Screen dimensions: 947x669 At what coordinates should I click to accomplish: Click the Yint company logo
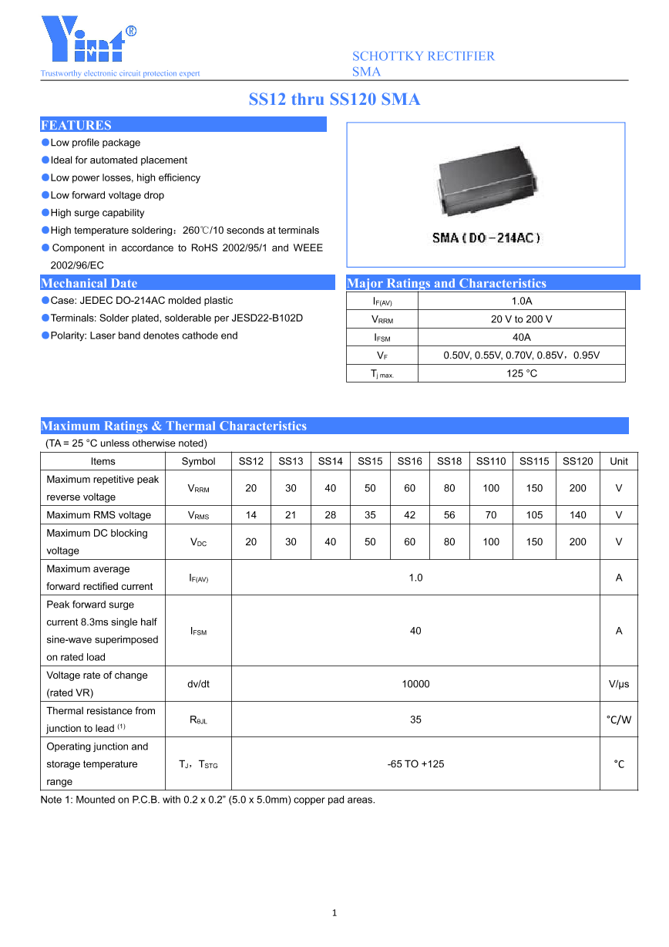(89, 41)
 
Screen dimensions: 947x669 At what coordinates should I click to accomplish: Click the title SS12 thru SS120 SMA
(334, 99)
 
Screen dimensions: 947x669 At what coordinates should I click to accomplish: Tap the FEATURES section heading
(76, 125)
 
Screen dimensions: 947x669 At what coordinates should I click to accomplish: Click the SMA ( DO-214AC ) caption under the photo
(486, 238)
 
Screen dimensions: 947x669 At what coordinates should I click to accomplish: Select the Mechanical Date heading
(89, 283)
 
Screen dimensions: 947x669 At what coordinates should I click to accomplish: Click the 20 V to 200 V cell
(521, 319)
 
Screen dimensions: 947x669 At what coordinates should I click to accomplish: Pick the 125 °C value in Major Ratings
(521, 373)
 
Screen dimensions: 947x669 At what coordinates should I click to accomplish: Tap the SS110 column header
(491, 461)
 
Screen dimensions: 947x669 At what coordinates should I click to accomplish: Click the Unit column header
(618, 461)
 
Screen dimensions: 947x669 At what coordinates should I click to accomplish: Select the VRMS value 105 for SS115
(534, 515)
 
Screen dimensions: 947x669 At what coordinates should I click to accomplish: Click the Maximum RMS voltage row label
(99, 515)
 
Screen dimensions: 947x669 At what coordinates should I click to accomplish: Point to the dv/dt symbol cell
(198, 684)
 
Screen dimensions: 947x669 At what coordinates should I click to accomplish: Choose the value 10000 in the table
(415, 684)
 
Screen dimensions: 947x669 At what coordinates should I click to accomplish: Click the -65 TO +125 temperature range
(415, 764)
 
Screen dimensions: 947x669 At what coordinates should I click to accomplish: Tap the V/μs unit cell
(618, 684)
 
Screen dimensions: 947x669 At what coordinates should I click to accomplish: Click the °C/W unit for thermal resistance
(618, 720)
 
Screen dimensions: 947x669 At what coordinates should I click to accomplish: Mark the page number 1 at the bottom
(334, 913)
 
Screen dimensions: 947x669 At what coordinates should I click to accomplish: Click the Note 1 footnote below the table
(208, 800)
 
